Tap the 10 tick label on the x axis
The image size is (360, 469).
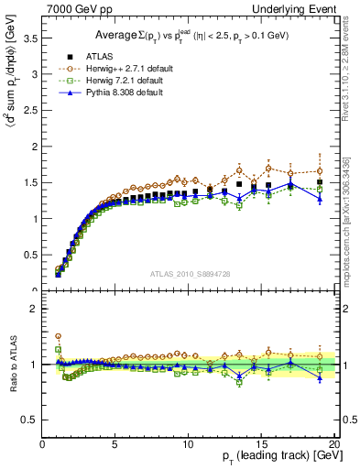click(x=189, y=444)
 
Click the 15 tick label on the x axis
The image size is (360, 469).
click(x=262, y=444)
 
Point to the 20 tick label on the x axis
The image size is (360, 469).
click(x=333, y=444)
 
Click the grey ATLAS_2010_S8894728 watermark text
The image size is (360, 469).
click(x=189, y=273)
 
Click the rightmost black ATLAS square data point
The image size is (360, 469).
click(x=320, y=181)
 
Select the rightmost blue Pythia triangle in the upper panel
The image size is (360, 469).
click(x=320, y=198)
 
